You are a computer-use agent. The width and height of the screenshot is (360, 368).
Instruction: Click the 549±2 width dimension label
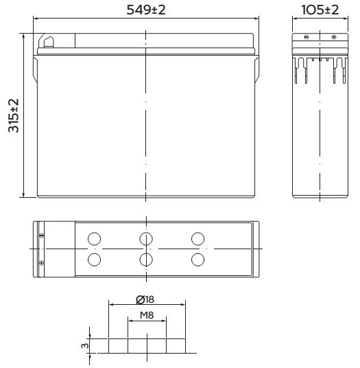click(146, 10)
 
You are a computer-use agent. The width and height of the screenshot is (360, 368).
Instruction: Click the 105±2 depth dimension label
click(320, 10)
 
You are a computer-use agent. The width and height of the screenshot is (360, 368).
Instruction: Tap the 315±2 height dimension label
click(14, 115)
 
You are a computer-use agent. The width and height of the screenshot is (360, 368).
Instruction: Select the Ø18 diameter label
click(145, 299)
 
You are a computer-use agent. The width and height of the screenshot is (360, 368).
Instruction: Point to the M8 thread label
click(147, 315)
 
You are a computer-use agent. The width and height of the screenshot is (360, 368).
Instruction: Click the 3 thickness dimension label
click(85, 346)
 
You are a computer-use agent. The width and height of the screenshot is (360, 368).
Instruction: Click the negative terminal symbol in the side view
click(307, 37)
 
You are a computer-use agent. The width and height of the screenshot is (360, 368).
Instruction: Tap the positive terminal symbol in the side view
click(334, 37)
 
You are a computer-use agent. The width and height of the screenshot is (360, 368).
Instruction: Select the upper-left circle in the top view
click(94, 239)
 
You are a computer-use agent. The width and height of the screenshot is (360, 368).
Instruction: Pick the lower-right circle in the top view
click(197, 260)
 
